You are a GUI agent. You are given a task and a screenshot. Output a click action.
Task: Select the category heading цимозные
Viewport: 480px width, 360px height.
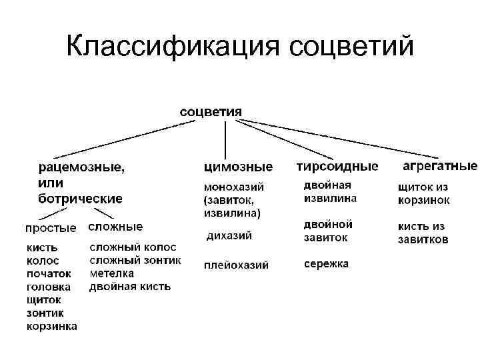tap(238, 166)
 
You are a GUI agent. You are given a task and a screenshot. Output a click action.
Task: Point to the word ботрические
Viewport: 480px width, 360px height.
tap(79, 198)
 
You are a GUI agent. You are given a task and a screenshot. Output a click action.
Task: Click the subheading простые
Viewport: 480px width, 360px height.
tap(51, 228)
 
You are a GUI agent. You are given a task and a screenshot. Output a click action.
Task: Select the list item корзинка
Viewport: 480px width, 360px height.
tap(52, 326)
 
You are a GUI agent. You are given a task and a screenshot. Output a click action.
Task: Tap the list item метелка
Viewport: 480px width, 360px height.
tap(112, 273)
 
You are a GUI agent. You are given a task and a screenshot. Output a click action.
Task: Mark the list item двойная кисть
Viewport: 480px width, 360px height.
tap(130, 287)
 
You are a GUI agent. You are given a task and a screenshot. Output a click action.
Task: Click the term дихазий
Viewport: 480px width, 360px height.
tap(229, 235)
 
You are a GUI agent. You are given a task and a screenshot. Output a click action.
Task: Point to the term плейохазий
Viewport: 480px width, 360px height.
tap(236, 265)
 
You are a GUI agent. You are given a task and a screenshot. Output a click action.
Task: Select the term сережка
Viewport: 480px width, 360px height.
tap(326, 264)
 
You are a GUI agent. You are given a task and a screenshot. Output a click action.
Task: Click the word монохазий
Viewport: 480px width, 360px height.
tap(234, 186)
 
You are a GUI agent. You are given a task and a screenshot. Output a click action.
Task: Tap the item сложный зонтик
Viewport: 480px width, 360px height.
tap(135, 261)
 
